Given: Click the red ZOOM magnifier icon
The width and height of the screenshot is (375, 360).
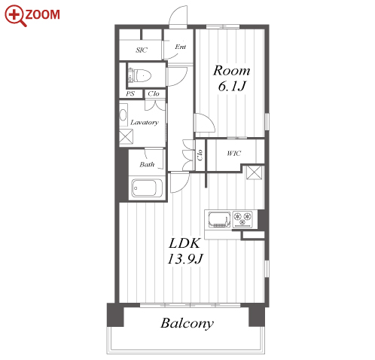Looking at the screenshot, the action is click(x=15, y=15).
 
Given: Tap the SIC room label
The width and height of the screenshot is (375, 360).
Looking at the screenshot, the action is click(x=142, y=50).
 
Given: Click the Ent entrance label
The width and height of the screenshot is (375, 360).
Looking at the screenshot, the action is click(x=181, y=47).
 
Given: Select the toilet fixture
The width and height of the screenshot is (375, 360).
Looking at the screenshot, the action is click(x=140, y=75).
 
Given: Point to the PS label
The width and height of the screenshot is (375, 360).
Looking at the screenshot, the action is click(x=130, y=94).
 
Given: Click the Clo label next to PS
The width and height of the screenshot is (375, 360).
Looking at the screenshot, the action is click(x=154, y=93).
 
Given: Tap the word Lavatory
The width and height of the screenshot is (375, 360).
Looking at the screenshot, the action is click(x=145, y=123).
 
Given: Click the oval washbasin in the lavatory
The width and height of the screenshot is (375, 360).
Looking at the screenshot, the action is click(x=123, y=114).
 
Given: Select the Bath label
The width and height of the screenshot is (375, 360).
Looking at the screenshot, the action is click(x=147, y=164).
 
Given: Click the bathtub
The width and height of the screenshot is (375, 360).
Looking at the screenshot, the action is click(x=147, y=188).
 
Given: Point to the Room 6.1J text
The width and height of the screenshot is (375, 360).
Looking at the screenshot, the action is click(x=232, y=78).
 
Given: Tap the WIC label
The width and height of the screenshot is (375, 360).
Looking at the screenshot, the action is click(x=234, y=153).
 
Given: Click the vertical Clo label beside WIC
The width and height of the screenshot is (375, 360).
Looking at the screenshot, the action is click(x=200, y=155).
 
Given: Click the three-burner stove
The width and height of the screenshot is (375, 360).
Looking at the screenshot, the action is click(x=242, y=219).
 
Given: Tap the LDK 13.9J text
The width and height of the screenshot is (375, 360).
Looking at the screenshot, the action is click(x=185, y=251).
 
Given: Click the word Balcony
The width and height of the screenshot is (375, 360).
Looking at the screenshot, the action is click(x=187, y=323).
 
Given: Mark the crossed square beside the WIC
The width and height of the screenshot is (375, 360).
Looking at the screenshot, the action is click(x=255, y=172).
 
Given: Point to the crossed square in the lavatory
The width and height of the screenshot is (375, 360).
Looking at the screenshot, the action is click(x=126, y=137).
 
